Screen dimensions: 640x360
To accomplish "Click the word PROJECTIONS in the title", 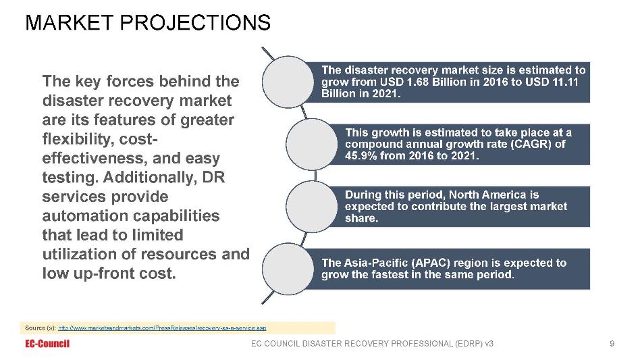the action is pyautogui.click(x=194, y=22).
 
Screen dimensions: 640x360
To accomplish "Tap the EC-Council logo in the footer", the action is pyautogui.click(x=47, y=344).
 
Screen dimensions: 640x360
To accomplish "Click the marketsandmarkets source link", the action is pyautogui.click(x=162, y=328).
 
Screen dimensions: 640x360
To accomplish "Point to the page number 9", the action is pyautogui.click(x=612, y=344).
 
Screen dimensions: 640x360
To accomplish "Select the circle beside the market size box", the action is pyautogui.click(x=288, y=82).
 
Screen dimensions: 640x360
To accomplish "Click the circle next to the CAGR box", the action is pyautogui.click(x=312, y=144).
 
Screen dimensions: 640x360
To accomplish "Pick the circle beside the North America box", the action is pyautogui.click(x=312, y=207).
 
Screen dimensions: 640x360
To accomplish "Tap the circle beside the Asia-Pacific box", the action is pyautogui.click(x=288, y=269).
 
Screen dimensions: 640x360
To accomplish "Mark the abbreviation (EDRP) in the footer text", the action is pyautogui.click(x=467, y=344).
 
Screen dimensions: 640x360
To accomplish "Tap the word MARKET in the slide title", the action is pyautogui.click(x=70, y=22).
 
